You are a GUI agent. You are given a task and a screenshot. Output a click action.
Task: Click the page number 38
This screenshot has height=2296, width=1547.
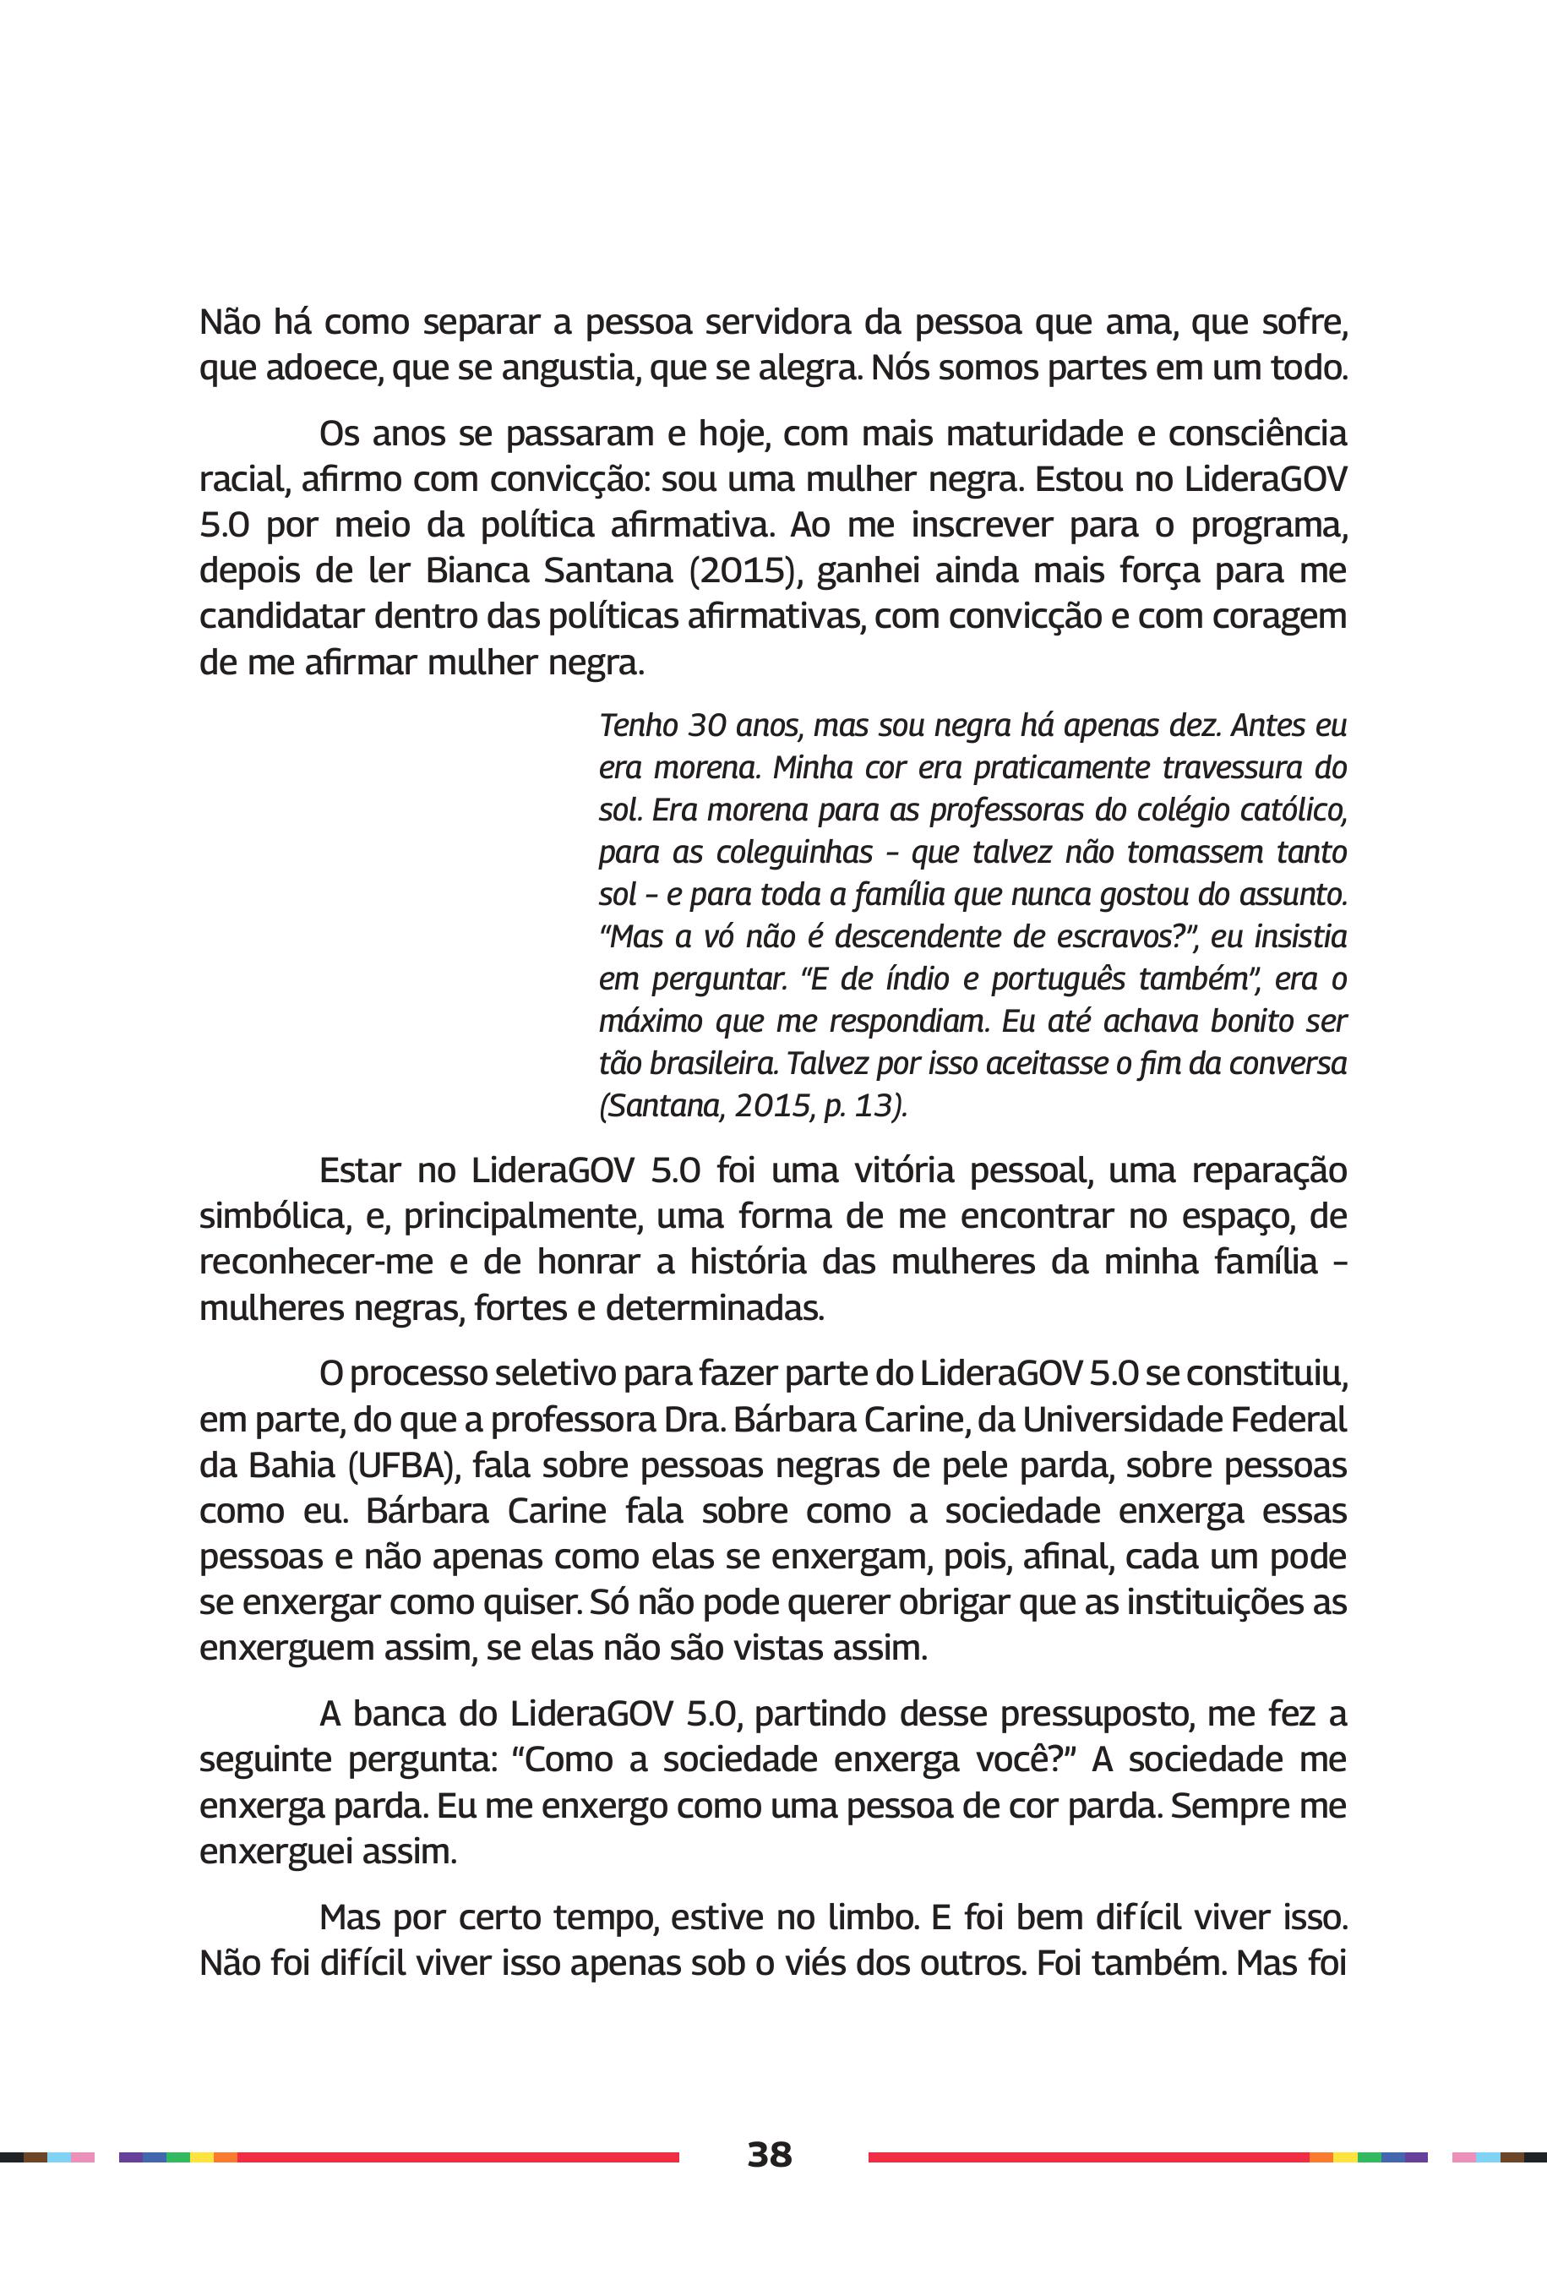coord(769,2154)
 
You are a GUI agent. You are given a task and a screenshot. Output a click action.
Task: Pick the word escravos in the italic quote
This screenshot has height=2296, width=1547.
coord(1113,936)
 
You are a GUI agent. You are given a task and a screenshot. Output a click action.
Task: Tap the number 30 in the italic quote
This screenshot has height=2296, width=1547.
coord(707,726)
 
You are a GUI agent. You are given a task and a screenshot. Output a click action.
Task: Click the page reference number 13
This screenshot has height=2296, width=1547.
coord(875,1106)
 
